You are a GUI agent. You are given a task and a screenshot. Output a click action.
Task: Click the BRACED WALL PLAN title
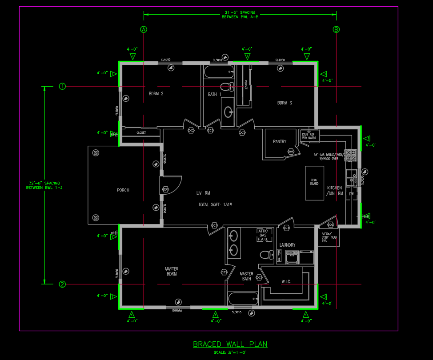coord(230,344)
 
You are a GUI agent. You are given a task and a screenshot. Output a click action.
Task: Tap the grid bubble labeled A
coord(144,30)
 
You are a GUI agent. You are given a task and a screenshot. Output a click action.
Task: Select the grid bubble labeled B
coord(337,30)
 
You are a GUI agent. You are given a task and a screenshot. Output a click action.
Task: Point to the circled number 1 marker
coord(63,86)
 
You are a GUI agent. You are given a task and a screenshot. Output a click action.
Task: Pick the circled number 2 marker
coord(63,284)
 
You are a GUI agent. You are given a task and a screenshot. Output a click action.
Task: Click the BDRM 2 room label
coord(156,94)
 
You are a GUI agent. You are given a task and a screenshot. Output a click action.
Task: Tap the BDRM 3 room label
coord(285,103)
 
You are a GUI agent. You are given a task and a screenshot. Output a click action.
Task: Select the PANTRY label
coord(280,142)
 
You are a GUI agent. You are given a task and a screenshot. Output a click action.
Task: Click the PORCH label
coord(123,190)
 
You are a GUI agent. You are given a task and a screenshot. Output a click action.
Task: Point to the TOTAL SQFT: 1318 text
coord(215,205)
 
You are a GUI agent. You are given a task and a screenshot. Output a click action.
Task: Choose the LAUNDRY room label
coord(287,245)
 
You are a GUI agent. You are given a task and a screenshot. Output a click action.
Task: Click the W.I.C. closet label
coord(286,282)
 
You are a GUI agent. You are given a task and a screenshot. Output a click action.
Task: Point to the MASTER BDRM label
coord(172,272)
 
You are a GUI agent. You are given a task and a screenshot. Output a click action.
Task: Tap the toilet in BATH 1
coord(227,86)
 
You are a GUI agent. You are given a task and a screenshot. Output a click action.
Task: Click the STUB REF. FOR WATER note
coord(309,136)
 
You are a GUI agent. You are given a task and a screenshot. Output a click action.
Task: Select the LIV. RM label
coord(203,193)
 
